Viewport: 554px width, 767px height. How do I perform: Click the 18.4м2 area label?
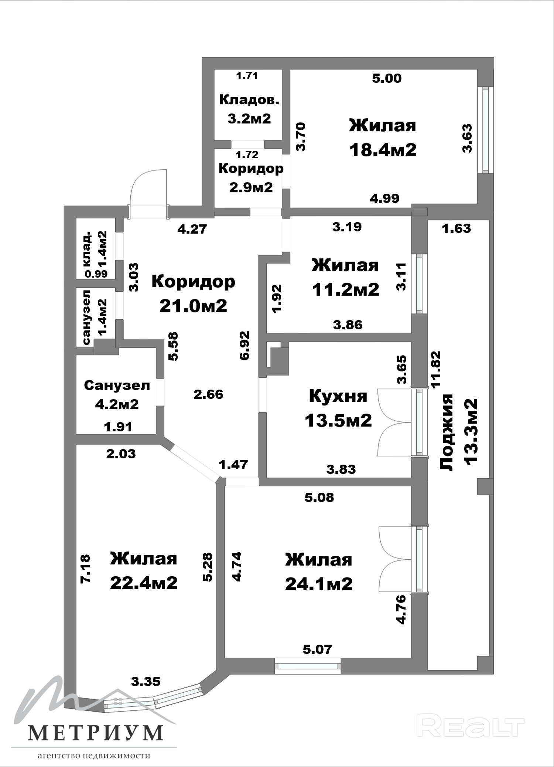click(383, 150)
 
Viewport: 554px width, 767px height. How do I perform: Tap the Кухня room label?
click(338, 396)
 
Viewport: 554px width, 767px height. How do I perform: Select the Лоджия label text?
click(447, 432)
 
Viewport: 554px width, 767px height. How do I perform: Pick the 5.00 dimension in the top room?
click(387, 78)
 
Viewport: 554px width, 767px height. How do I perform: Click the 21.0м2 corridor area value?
click(193, 306)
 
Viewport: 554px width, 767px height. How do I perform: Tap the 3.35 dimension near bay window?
click(146, 681)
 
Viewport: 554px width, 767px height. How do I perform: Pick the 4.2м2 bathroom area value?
click(117, 404)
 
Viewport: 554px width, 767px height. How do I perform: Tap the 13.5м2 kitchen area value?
click(338, 420)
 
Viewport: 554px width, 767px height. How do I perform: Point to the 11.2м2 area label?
click(346, 289)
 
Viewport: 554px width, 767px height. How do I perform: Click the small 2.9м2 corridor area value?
click(251, 187)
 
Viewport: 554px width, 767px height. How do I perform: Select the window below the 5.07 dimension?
click(308, 666)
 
